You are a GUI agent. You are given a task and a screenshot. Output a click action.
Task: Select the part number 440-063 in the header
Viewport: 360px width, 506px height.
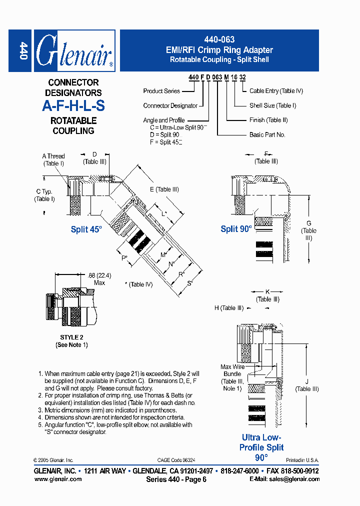pyautogui.click(x=219, y=39)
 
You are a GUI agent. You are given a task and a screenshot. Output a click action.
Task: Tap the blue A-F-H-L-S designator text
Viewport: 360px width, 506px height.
pyautogui.click(x=73, y=106)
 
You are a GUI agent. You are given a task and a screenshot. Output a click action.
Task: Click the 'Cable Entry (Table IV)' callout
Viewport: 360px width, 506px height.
pyautogui.click(x=276, y=91)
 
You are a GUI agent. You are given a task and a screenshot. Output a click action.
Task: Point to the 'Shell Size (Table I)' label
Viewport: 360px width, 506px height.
pyautogui.click(x=272, y=105)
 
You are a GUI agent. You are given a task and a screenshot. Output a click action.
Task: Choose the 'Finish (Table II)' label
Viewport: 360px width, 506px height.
pyautogui.click(x=268, y=120)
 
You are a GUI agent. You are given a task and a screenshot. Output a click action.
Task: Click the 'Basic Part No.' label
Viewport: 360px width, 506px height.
pyautogui.click(x=267, y=135)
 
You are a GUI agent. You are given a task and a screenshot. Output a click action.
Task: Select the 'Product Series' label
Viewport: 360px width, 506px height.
pyautogui.click(x=161, y=91)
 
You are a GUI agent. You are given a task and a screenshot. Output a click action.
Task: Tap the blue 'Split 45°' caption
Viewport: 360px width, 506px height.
pyautogui.click(x=86, y=229)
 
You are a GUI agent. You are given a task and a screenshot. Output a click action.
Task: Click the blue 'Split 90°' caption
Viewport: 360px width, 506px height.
pyautogui.click(x=236, y=229)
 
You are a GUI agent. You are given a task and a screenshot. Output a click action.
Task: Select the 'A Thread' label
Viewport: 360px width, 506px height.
pyautogui.click(x=53, y=156)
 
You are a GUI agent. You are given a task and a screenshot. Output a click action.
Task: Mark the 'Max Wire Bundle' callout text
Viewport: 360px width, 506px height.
pyautogui.click(x=232, y=370)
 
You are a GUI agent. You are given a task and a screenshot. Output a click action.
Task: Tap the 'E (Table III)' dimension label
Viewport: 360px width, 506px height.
pyautogui.click(x=163, y=189)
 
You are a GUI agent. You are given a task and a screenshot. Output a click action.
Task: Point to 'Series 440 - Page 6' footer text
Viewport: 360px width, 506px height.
pyautogui.click(x=176, y=479)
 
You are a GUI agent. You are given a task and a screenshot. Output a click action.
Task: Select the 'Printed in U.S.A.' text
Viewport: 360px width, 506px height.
pyautogui.click(x=302, y=460)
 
